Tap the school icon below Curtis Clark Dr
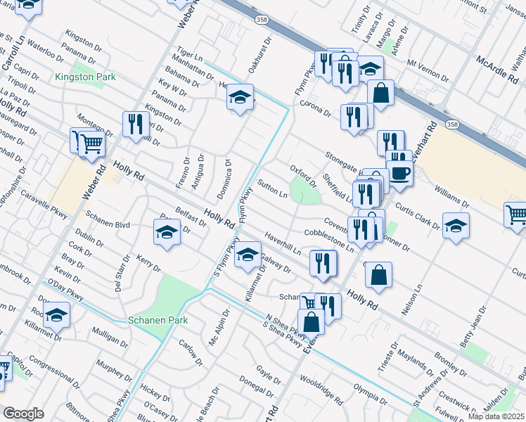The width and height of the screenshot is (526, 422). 456,226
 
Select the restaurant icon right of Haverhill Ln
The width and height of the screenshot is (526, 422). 323,263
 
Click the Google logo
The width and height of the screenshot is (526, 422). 23,413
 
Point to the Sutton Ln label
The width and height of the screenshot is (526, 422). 273,189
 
